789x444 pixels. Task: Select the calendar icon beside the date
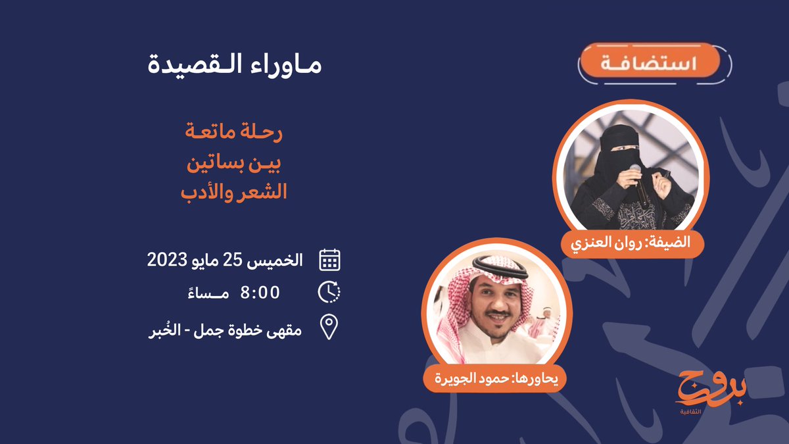click(x=329, y=260)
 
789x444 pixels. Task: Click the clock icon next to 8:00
click(x=329, y=292)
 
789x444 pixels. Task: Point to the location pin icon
click(x=329, y=327)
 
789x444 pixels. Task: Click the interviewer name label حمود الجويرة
click(x=495, y=378)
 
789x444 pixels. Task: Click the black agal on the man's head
click(x=500, y=268)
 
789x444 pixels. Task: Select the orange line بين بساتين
click(x=234, y=163)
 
